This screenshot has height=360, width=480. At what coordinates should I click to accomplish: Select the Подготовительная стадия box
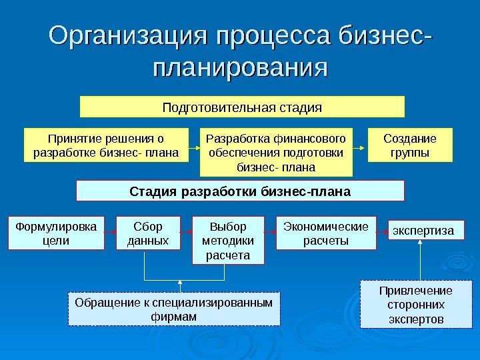243,107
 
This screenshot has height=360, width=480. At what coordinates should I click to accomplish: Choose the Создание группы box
410,146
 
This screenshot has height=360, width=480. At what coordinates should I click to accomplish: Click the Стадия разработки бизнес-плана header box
240,191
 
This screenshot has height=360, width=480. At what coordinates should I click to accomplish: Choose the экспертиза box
426,231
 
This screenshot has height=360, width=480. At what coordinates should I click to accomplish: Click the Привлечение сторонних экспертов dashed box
415,305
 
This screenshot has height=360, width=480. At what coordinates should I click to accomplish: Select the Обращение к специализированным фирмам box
174,309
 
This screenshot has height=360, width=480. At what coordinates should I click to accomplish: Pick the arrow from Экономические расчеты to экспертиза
382,232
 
